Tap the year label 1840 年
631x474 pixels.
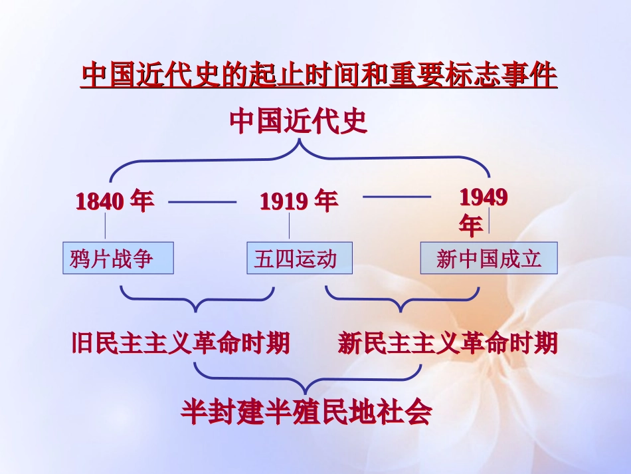[x=115, y=201]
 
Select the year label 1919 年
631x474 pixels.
[x=298, y=201]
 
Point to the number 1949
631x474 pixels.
[x=484, y=197]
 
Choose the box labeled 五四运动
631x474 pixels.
[x=299, y=259]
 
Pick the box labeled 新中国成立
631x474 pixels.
[x=489, y=259]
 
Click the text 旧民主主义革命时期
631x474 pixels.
[x=181, y=344]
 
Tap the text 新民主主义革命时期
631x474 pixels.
[x=448, y=344]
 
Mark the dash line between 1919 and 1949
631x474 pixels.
[x=397, y=197]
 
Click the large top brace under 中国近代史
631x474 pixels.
[x=299, y=156]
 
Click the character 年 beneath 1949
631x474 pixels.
[x=471, y=227]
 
